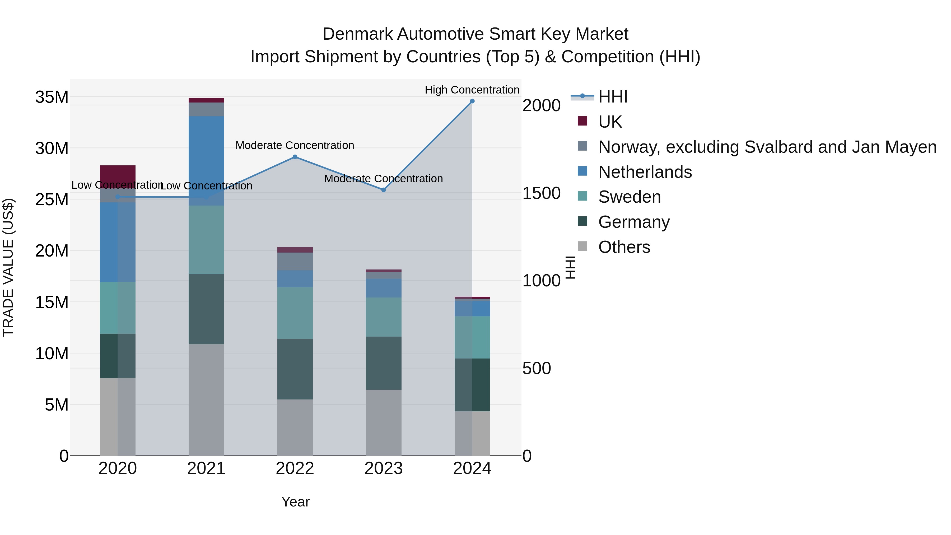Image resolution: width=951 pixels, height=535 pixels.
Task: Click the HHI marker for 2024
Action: point(472,101)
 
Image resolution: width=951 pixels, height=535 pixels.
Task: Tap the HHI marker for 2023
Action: point(383,190)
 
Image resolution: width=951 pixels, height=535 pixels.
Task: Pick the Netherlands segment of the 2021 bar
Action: point(206,161)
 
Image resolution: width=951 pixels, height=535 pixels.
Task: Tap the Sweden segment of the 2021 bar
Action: point(206,240)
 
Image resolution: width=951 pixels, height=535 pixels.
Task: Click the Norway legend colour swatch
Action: point(582,146)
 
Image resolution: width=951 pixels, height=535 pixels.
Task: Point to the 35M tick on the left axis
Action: point(52,97)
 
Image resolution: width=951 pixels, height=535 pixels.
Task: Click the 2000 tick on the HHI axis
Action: point(541,106)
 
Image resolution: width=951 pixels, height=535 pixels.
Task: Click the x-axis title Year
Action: point(295,502)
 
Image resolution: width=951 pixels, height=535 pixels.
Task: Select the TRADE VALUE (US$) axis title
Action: point(8,267)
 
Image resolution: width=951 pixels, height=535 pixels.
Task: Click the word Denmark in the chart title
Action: point(357,34)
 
